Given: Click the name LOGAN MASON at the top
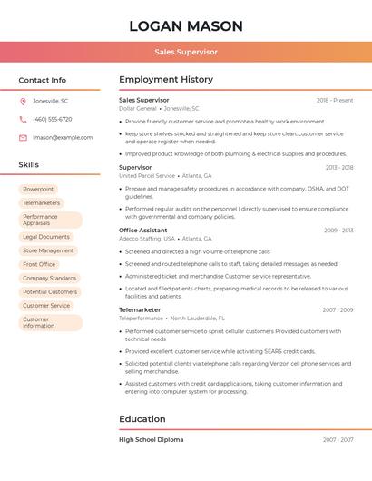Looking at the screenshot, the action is coord(186,26).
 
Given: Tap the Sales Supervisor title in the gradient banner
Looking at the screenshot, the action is coord(186,53).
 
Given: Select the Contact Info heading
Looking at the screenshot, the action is coord(43,80).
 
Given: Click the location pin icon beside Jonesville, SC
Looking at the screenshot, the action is coord(23,101).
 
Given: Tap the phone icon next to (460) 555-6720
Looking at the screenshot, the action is coord(23,119).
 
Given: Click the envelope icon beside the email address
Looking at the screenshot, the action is coord(23,138).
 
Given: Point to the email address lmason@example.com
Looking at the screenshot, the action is coord(63,138).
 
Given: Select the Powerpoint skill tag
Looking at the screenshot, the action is coord(38,190).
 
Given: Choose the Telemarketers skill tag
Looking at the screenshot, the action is coord(42,203).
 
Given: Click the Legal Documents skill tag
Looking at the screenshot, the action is coord(46,237).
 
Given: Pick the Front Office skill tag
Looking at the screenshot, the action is coord(39,264).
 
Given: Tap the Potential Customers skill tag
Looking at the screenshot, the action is coord(50,292).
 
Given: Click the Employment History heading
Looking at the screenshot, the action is coord(166,80).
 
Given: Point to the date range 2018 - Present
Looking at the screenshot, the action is coord(335,101).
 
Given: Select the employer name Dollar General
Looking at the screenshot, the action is coord(138,109).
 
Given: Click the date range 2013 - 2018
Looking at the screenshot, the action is coord(339,168).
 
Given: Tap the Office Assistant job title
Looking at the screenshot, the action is coord(143,231).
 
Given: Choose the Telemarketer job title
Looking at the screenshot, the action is coord(140,310).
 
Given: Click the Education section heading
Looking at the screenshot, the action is coord(142,419).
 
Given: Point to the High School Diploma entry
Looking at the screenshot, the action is coord(152,440).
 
